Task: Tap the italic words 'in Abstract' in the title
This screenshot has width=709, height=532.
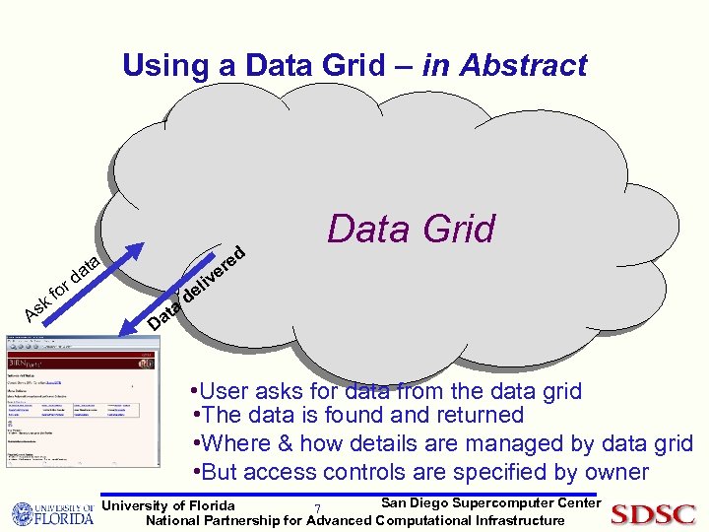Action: [504, 66]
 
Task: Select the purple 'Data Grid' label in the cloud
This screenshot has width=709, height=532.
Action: [411, 229]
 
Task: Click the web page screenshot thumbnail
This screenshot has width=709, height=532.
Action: [82, 400]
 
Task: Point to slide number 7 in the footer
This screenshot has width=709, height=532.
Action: [316, 509]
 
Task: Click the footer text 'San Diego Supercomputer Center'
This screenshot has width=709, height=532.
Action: [489, 503]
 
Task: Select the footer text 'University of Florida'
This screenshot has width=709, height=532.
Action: [168, 505]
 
